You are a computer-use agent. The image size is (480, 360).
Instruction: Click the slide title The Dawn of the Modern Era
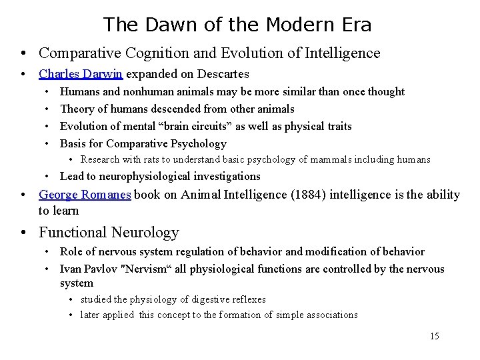coord(237,25)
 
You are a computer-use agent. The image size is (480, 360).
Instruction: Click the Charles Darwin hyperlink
coord(81,74)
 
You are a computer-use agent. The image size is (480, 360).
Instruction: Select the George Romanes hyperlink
coord(85,195)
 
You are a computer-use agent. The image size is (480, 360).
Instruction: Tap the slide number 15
coord(434,336)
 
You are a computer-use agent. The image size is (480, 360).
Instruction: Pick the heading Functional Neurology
coord(109,232)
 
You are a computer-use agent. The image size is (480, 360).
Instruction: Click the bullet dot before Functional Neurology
coord(23,233)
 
